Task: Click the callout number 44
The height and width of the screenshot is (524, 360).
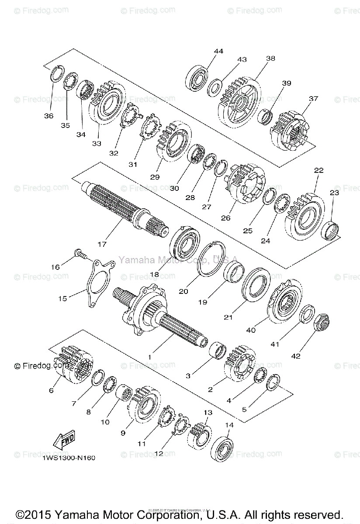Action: (218, 51)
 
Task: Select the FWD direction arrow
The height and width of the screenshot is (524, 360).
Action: (64, 439)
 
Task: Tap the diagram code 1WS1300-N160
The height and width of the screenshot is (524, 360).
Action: (69, 458)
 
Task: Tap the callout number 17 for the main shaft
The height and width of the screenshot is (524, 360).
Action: (102, 245)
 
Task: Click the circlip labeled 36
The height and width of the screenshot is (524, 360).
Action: (57, 73)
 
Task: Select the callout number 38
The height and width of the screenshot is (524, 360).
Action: (271, 59)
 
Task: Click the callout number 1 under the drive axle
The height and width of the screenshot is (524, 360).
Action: (149, 357)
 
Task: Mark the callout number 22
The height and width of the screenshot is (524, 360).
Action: (318, 170)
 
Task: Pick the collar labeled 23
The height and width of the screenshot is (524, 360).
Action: (330, 230)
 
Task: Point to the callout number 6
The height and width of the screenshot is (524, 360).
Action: (51, 390)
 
